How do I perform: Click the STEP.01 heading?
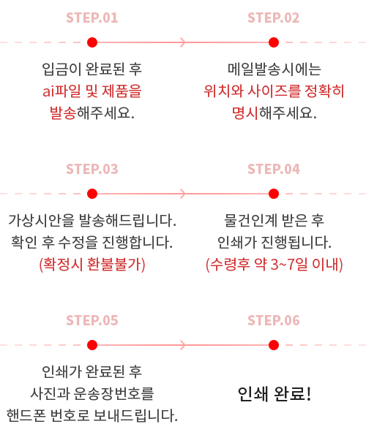click(92, 18)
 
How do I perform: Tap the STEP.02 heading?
click(274, 18)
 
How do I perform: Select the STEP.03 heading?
click(92, 169)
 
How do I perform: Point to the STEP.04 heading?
click(274, 169)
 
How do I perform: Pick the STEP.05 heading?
click(92, 320)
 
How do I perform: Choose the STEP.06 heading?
click(274, 320)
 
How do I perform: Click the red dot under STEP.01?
click(92, 42)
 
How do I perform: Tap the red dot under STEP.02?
click(274, 42)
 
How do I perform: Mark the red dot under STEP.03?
click(92, 194)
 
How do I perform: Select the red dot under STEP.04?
click(274, 194)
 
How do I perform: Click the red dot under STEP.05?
click(92, 345)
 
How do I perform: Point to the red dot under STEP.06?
click(274, 345)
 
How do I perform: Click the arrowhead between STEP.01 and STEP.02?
click(184, 42)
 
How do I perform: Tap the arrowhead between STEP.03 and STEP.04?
click(184, 194)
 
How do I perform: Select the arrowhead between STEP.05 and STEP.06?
click(184, 345)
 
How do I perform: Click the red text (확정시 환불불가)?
click(92, 265)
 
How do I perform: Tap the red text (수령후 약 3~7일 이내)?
click(274, 265)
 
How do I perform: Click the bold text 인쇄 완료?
click(274, 393)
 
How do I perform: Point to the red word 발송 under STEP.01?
click(63, 113)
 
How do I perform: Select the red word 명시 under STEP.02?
click(245, 113)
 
